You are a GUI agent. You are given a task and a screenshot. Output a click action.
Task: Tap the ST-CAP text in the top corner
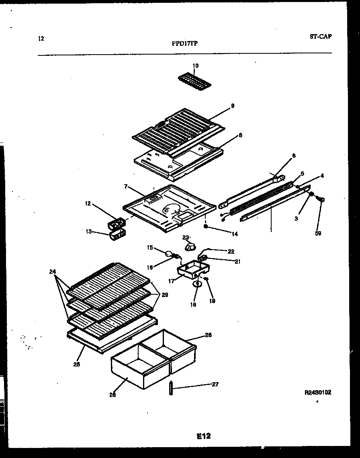point(321,37)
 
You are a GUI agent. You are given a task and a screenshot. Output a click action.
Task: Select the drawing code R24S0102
point(318,392)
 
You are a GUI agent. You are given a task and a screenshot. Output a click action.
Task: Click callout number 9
point(232,106)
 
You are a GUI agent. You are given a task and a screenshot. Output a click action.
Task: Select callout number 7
point(126,187)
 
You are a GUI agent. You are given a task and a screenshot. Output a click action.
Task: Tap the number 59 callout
point(318,233)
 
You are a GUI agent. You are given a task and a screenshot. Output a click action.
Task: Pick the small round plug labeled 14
point(206,227)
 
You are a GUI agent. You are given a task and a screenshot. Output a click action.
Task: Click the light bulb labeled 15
point(168,253)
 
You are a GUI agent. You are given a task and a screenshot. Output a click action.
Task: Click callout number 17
point(172,281)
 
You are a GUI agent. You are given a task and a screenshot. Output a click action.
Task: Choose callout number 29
point(165,294)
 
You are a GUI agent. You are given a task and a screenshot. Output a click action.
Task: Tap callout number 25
point(77,364)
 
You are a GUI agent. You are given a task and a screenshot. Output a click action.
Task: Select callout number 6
point(293,155)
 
